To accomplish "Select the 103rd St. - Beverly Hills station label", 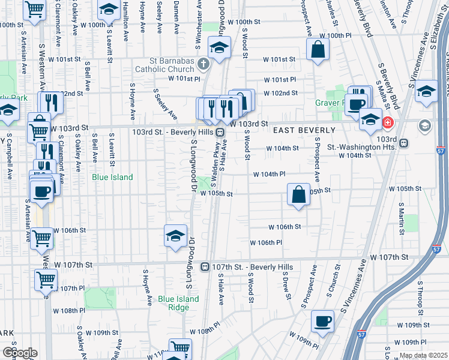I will click(x=170, y=131).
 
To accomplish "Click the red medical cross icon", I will click(x=387, y=123).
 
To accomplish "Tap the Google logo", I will click(x=19, y=353).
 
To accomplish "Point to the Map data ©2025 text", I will click(x=424, y=356).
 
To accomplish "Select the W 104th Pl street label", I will click(x=268, y=174).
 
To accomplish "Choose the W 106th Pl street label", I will click(x=266, y=242).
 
